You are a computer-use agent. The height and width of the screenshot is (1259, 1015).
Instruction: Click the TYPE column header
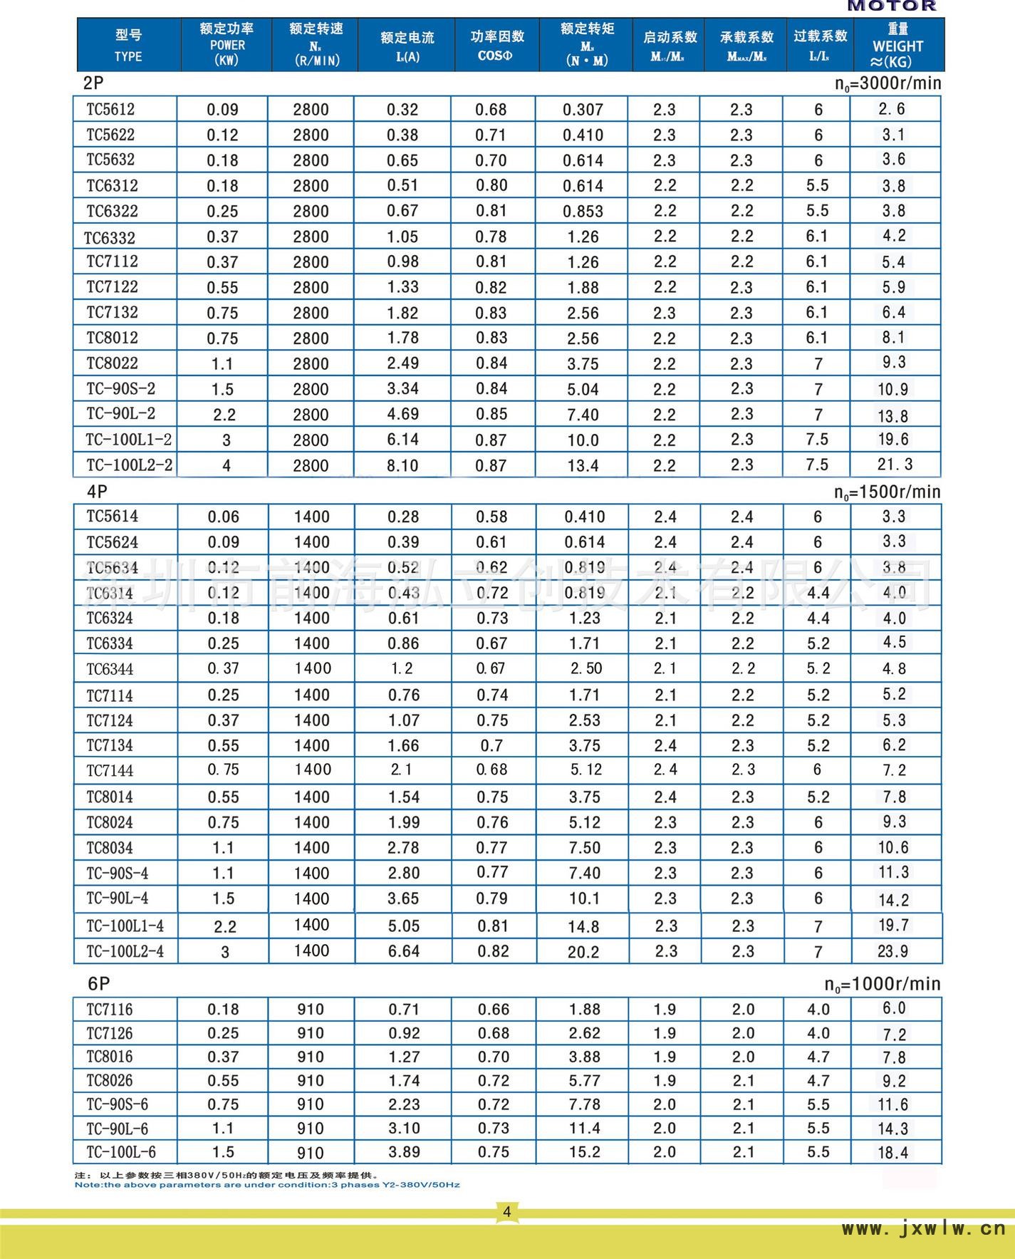[x=128, y=45]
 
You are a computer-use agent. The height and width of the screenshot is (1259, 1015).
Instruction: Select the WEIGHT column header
[x=897, y=45]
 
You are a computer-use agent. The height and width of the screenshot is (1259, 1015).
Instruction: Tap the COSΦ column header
[x=496, y=45]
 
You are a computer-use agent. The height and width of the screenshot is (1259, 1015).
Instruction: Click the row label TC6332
[x=110, y=237]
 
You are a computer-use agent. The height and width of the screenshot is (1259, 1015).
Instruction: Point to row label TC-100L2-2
[x=129, y=465]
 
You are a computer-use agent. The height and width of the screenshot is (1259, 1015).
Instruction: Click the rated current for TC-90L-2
[x=403, y=414]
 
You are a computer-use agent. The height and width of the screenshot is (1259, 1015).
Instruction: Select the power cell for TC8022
[x=222, y=364]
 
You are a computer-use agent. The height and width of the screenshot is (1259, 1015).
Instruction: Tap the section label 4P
[x=97, y=492]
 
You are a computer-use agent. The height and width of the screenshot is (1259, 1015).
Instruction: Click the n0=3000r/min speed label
[x=888, y=84]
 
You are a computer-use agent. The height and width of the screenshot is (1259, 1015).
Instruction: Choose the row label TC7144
[x=110, y=770]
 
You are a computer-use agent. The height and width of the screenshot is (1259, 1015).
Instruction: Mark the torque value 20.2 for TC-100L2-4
[x=583, y=952]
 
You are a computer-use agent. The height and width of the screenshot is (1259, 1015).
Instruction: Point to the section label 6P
[x=99, y=984]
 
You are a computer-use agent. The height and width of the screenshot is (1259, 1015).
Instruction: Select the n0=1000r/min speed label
[x=882, y=985]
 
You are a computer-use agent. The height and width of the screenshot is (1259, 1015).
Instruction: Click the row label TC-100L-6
[x=121, y=1152]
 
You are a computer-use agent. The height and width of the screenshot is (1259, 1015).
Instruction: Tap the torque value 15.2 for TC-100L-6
[x=584, y=1152]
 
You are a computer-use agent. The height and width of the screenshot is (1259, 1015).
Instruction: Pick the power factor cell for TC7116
[x=494, y=1010]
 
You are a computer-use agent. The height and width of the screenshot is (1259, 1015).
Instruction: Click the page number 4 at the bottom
[x=506, y=1212]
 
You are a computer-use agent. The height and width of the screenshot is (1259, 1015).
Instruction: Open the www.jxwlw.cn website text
[x=923, y=1228]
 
